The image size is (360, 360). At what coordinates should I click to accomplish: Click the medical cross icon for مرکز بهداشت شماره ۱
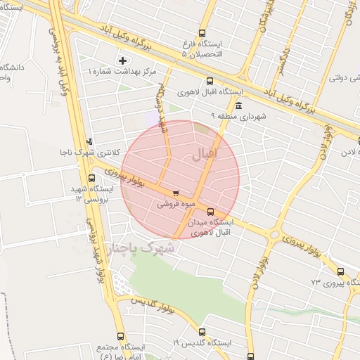(123, 61)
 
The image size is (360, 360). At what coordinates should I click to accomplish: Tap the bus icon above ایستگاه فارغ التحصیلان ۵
(202, 32)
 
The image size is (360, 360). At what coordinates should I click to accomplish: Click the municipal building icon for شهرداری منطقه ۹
(238, 105)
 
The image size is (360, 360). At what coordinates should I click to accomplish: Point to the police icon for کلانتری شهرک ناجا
(89, 142)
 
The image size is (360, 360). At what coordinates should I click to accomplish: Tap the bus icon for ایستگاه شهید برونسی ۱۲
(91, 179)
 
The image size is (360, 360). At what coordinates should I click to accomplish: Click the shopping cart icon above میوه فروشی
(175, 193)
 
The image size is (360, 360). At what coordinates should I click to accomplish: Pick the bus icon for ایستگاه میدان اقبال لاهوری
(211, 212)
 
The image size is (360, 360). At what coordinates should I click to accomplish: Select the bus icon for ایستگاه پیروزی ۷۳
(341, 271)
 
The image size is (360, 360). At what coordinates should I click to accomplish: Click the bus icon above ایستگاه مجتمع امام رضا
(120, 336)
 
